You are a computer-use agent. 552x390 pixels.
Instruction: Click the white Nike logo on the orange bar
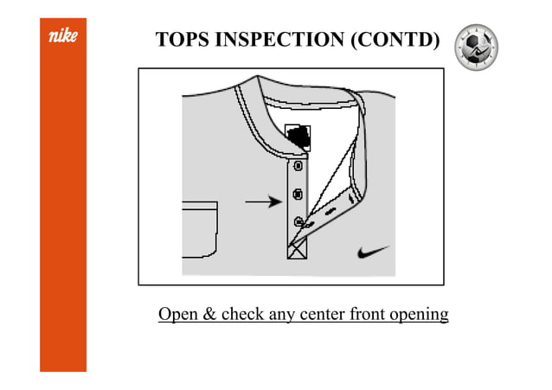63,38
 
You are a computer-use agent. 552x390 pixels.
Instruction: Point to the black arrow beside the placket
264,202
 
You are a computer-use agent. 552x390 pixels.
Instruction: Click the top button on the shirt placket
298,165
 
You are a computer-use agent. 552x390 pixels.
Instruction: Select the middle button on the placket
298,194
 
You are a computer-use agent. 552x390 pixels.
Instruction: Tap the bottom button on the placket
298,222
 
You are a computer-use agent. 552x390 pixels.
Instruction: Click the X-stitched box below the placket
297,250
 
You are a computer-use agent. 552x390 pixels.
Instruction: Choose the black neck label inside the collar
298,136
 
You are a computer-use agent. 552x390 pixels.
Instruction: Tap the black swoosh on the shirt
372,252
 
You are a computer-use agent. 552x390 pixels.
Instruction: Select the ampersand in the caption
210,314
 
